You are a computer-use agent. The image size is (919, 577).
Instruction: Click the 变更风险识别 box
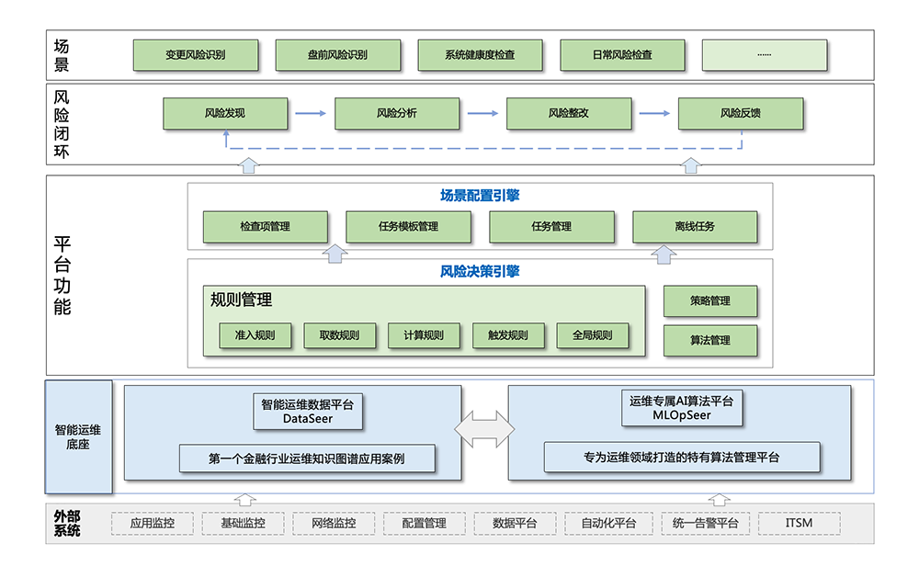[x=195, y=55]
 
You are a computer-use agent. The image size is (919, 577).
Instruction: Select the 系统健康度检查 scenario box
[x=480, y=55]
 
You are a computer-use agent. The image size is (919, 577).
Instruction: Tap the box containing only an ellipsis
[x=764, y=55]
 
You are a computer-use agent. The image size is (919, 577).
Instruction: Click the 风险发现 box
[x=225, y=114]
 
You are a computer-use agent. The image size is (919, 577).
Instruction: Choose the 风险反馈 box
[x=740, y=114]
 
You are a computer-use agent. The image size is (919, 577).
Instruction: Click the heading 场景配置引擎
[x=480, y=196]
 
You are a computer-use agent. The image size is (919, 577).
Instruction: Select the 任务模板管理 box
[x=408, y=227]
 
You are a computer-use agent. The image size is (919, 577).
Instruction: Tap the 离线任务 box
[x=695, y=227]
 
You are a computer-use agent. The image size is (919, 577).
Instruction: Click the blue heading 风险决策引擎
[x=480, y=272]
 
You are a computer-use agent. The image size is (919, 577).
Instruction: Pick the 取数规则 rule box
[x=340, y=335]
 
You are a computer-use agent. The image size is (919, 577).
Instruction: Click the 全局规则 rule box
[x=593, y=335]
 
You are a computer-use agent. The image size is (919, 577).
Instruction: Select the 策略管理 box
[x=710, y=301]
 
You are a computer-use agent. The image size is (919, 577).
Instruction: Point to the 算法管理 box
[x=710, y=341]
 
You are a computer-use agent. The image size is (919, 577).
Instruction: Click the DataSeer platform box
[x=307, y=412]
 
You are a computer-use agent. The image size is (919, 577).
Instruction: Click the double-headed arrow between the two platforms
[x=484, y=430]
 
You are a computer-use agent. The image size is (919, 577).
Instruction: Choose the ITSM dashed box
[x=800, y=524]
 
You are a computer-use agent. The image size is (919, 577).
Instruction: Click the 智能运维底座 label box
[x=78, y=437]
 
